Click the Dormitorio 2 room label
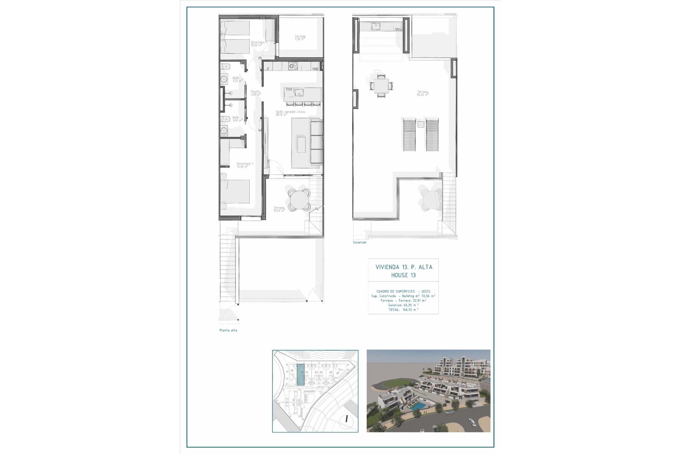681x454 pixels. coord(259,43)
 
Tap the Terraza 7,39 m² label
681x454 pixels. coord(300,38)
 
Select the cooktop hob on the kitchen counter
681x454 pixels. coord(293,66)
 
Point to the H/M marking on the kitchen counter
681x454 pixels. coord(315,68)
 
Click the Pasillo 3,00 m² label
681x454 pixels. coord(255,93)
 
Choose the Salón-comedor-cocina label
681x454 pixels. coord(290,113)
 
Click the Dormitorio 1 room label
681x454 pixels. coord(245,165)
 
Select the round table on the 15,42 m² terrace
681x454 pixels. coord(299,200)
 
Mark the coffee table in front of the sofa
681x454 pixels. coord(301,144)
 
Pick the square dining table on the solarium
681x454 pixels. coord(381,85)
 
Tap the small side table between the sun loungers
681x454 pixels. coord(421,124)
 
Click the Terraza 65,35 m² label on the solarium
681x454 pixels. coord(422,93)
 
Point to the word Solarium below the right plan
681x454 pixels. coord(359,242)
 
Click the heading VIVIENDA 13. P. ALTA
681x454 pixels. coord(404,267)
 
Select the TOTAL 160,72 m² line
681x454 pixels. coord(403,310)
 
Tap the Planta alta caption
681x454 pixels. coord(228,330)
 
